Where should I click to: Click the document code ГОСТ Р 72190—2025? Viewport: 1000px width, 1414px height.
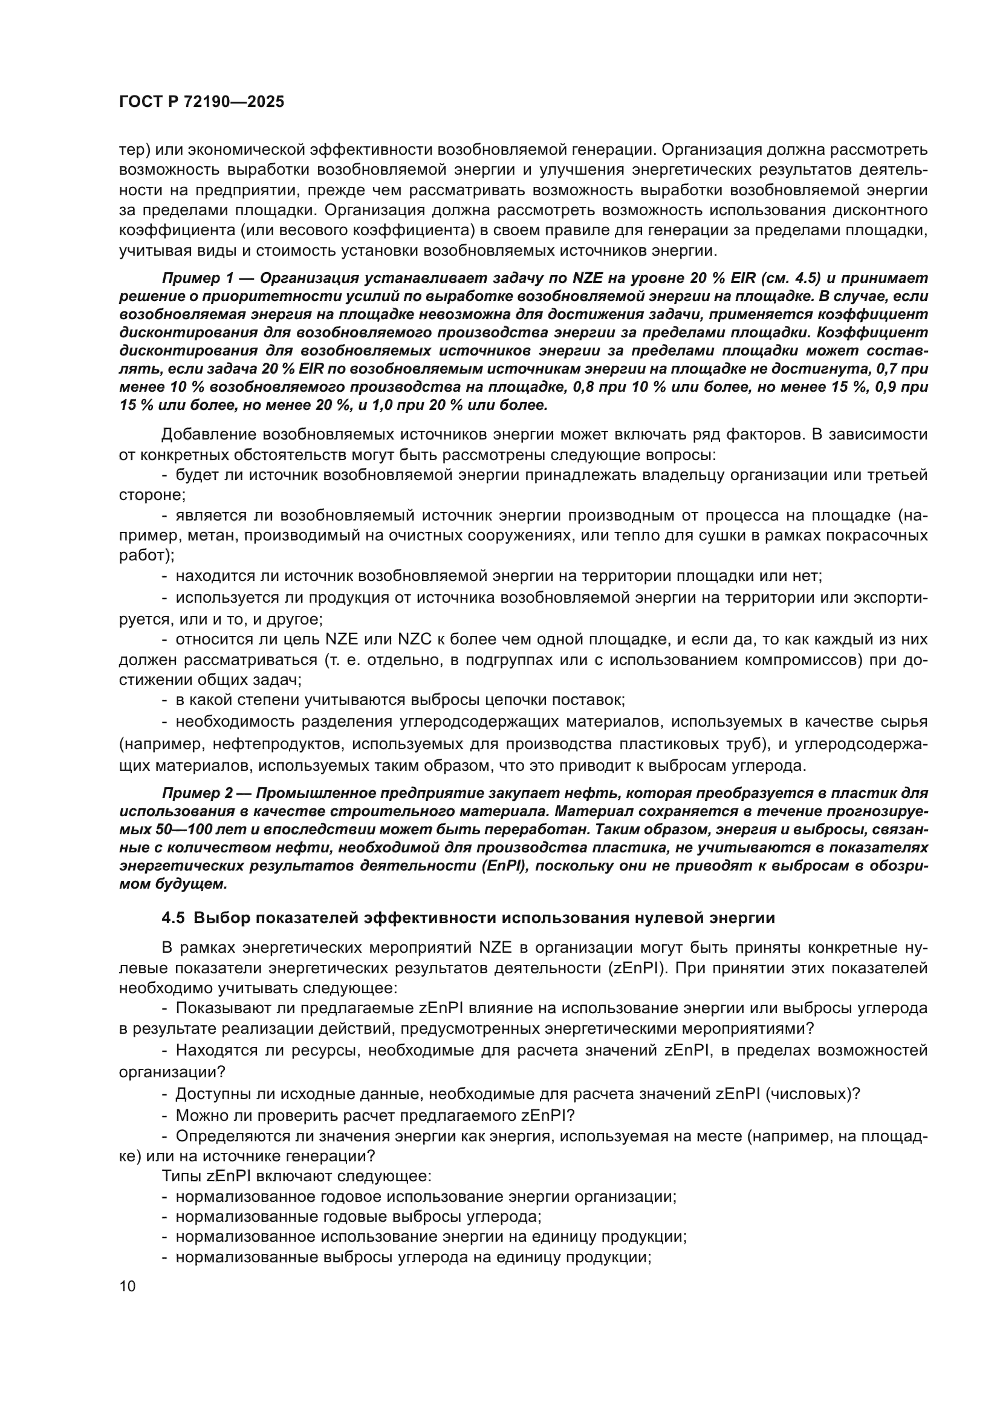[x=201, y=102]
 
